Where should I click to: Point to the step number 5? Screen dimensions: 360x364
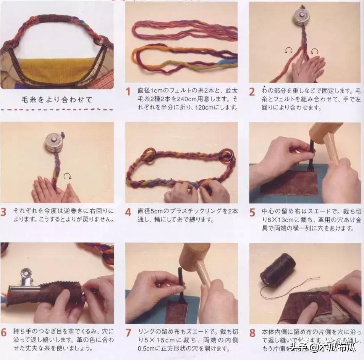tap(252, 212)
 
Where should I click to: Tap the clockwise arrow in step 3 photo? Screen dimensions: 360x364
tap(67, 176)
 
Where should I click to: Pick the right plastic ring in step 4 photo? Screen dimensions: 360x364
tap(228, 155)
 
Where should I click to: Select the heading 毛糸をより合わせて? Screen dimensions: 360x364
tap(57, 100)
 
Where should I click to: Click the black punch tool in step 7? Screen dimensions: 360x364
tap(180, 281)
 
